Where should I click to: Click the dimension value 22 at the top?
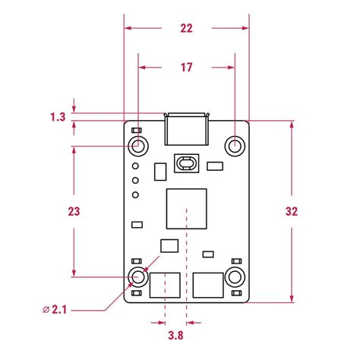coord(187,28)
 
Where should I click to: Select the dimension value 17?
coord(187,68)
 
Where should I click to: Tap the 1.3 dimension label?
coord(57,117)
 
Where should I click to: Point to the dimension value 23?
coord(53,210)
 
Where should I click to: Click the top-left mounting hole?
coord(138,145)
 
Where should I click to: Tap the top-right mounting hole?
coord(235,145)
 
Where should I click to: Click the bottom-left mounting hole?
coord(138,276)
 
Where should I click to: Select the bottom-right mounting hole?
coord(235,276)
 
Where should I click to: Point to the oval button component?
coord(187,163)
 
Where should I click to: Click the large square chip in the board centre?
coord(187,206)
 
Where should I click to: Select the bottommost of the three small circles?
coord(135,195)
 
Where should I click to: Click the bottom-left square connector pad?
coord(165,286)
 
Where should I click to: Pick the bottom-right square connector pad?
coord(208,286)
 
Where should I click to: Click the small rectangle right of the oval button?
coord(215,166)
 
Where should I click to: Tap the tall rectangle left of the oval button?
coord(159,172)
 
